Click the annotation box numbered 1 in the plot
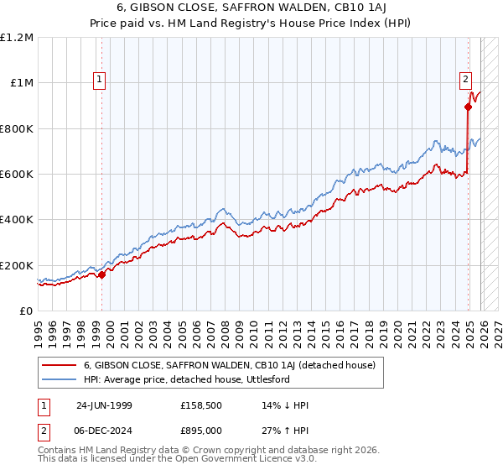point(99,80)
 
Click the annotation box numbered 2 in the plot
point(465,80)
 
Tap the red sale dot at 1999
point(101,274)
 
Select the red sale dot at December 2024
point(468,107)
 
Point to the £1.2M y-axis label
point(17,38)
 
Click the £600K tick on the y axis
point(17,175)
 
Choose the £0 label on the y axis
point(26,311)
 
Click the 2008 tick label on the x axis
point(226,332)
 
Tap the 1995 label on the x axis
point(39,332)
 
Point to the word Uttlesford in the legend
point(265,379)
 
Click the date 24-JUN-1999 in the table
point(106,406)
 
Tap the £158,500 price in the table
point(201,406)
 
